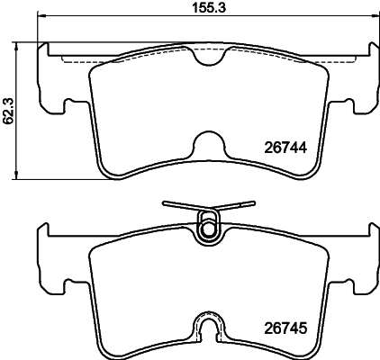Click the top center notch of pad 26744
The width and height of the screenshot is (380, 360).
[x=209, y=57]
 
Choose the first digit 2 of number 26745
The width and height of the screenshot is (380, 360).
[x=267, y=328]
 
